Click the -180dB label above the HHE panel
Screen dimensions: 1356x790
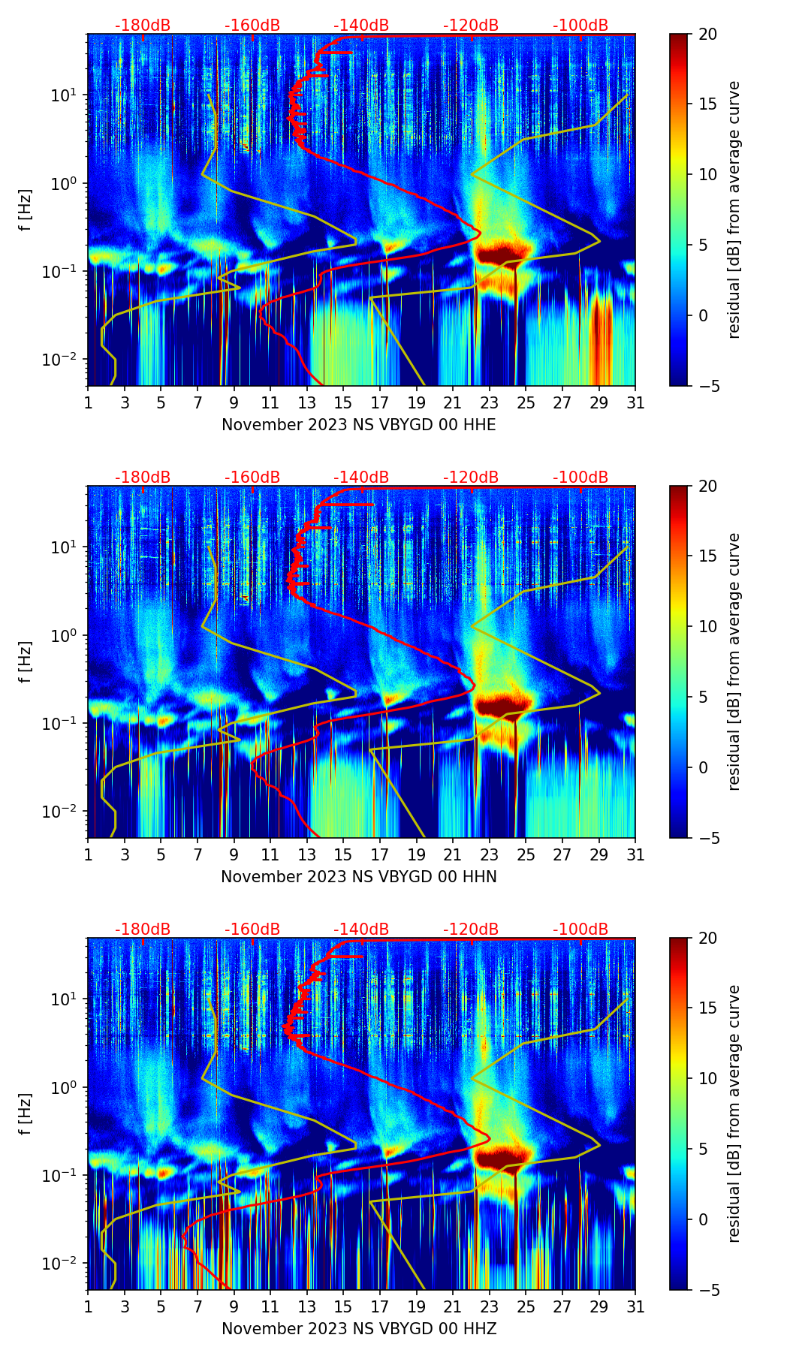[x=143, y=26]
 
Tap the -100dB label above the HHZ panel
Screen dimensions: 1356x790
[x=580, y=930]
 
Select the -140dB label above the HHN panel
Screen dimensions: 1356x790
[x=361, y=478]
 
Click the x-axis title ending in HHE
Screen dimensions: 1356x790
[x=358, y=425]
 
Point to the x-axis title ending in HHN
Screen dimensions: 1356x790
[x=358, y=877]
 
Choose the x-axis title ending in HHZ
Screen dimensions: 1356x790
[x=358, y=1329]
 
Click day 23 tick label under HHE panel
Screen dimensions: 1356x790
[x=489, y=403]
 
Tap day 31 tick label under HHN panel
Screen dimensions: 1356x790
[x=635, y=855]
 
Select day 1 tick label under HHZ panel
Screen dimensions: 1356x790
[x=88, y=1307]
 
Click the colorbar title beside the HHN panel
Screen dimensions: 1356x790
[x=734, y=661]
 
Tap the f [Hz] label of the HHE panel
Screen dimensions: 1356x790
[x=26, y=209]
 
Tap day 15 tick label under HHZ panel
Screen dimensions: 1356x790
[x=343, y=1307]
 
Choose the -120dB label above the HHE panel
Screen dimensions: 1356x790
[x=471, y=26]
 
